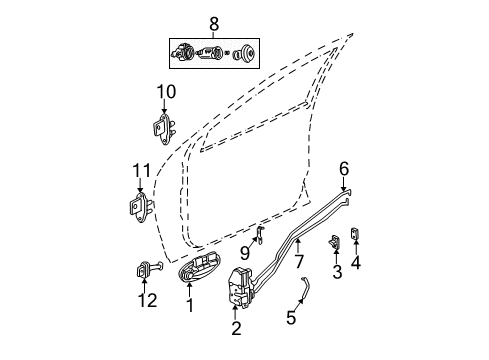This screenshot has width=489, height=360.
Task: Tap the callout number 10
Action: tap(164, 95)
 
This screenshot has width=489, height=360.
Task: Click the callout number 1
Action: tap(189, 308)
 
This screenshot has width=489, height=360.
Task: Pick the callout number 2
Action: tap(236, 326)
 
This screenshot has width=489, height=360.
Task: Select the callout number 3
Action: tap(337, 270)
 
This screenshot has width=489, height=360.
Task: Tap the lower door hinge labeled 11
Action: tap(138, 207)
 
